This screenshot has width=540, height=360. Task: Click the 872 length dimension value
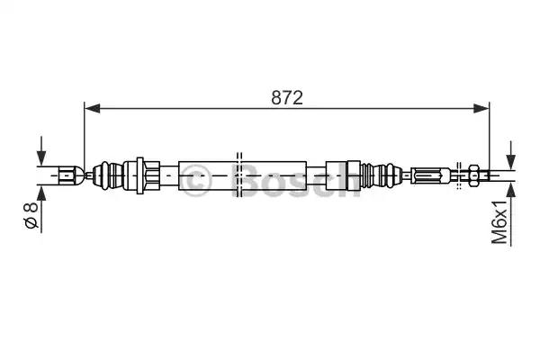pos(287,98)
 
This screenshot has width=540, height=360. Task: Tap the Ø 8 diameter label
pos(31,215)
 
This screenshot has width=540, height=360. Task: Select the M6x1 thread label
pos(499,222)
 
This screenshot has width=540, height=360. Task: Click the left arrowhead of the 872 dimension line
pos(93,108)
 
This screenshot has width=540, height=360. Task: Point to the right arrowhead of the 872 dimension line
pos(481,108)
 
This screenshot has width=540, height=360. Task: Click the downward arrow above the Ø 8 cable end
pos(41,151)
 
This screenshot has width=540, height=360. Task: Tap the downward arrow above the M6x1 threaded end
pos(510,156)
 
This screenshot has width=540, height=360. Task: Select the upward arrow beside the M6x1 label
pos(510,214)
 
